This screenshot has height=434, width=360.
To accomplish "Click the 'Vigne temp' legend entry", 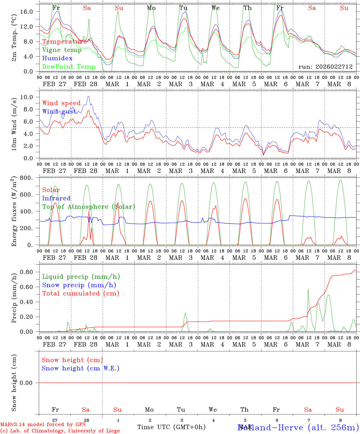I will coord(62,50).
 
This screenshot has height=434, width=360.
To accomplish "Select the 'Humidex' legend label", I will coord(57,58).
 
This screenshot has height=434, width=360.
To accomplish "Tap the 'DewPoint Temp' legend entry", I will coord(69,67).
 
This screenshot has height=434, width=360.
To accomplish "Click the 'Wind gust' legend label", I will coord(59,112).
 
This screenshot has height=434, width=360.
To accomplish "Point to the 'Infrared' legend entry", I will coord(56,198).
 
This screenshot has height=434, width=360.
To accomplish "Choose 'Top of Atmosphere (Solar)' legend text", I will coord(89,207).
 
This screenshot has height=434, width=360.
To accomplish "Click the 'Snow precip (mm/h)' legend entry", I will coord(79,285).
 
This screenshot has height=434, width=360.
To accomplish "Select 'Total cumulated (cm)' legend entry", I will coord(81,294).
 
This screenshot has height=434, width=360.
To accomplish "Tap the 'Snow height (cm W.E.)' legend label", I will coord(81,368).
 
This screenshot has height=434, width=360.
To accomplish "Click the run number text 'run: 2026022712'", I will coord(326,67).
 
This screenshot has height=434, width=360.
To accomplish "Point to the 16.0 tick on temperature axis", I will coord(27,11).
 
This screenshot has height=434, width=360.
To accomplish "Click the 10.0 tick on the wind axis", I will coord(27,97).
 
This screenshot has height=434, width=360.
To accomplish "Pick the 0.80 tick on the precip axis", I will coord(27,272).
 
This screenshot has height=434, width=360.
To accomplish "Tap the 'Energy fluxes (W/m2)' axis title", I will coord(14,212).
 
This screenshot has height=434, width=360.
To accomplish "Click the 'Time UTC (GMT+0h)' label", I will coord(171,427).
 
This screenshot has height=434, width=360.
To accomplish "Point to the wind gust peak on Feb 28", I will coord(88,96).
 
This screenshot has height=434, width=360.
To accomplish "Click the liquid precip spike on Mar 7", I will coord(308,289).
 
